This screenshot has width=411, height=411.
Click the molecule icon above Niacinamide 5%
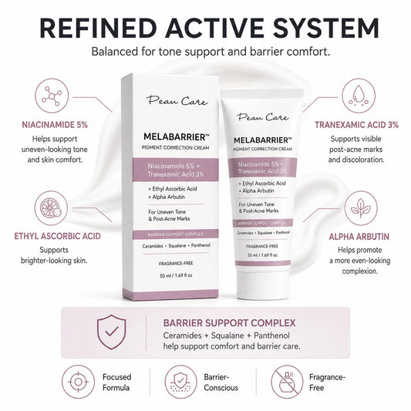tap(52, 96)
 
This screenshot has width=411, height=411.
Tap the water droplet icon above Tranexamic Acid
tap(359, 96)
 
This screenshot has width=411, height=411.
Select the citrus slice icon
tap(51, 208)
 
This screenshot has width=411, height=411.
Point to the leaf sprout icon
tap(361, 208)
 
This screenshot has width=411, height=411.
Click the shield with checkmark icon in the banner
tap(111, 332)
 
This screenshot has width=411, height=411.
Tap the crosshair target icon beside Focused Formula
tap(78, 382)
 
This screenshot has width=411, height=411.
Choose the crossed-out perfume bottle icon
tap(287, 382)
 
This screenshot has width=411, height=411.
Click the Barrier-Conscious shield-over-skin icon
tap(180, 382)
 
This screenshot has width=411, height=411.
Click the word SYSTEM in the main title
tap(326, 29)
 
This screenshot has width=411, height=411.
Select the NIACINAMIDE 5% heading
tap(55, 125)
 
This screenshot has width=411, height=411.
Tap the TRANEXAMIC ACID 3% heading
tap(356, 125)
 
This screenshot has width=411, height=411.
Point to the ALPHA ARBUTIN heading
tap(359, 237)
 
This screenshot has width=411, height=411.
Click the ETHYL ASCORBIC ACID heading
tap(57, 236)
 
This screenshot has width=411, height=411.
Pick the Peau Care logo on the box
tap(177, 100)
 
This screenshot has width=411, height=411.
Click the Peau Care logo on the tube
tap(263, 117)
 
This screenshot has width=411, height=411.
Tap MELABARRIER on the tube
tap(262, 140)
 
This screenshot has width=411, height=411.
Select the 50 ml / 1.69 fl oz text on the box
tap(176, 275)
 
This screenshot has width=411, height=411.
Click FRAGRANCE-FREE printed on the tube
tap(262, 246)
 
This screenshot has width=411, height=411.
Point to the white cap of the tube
tap(263, 284)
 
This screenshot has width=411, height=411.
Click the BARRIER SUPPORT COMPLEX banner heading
tap(229, 323)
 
